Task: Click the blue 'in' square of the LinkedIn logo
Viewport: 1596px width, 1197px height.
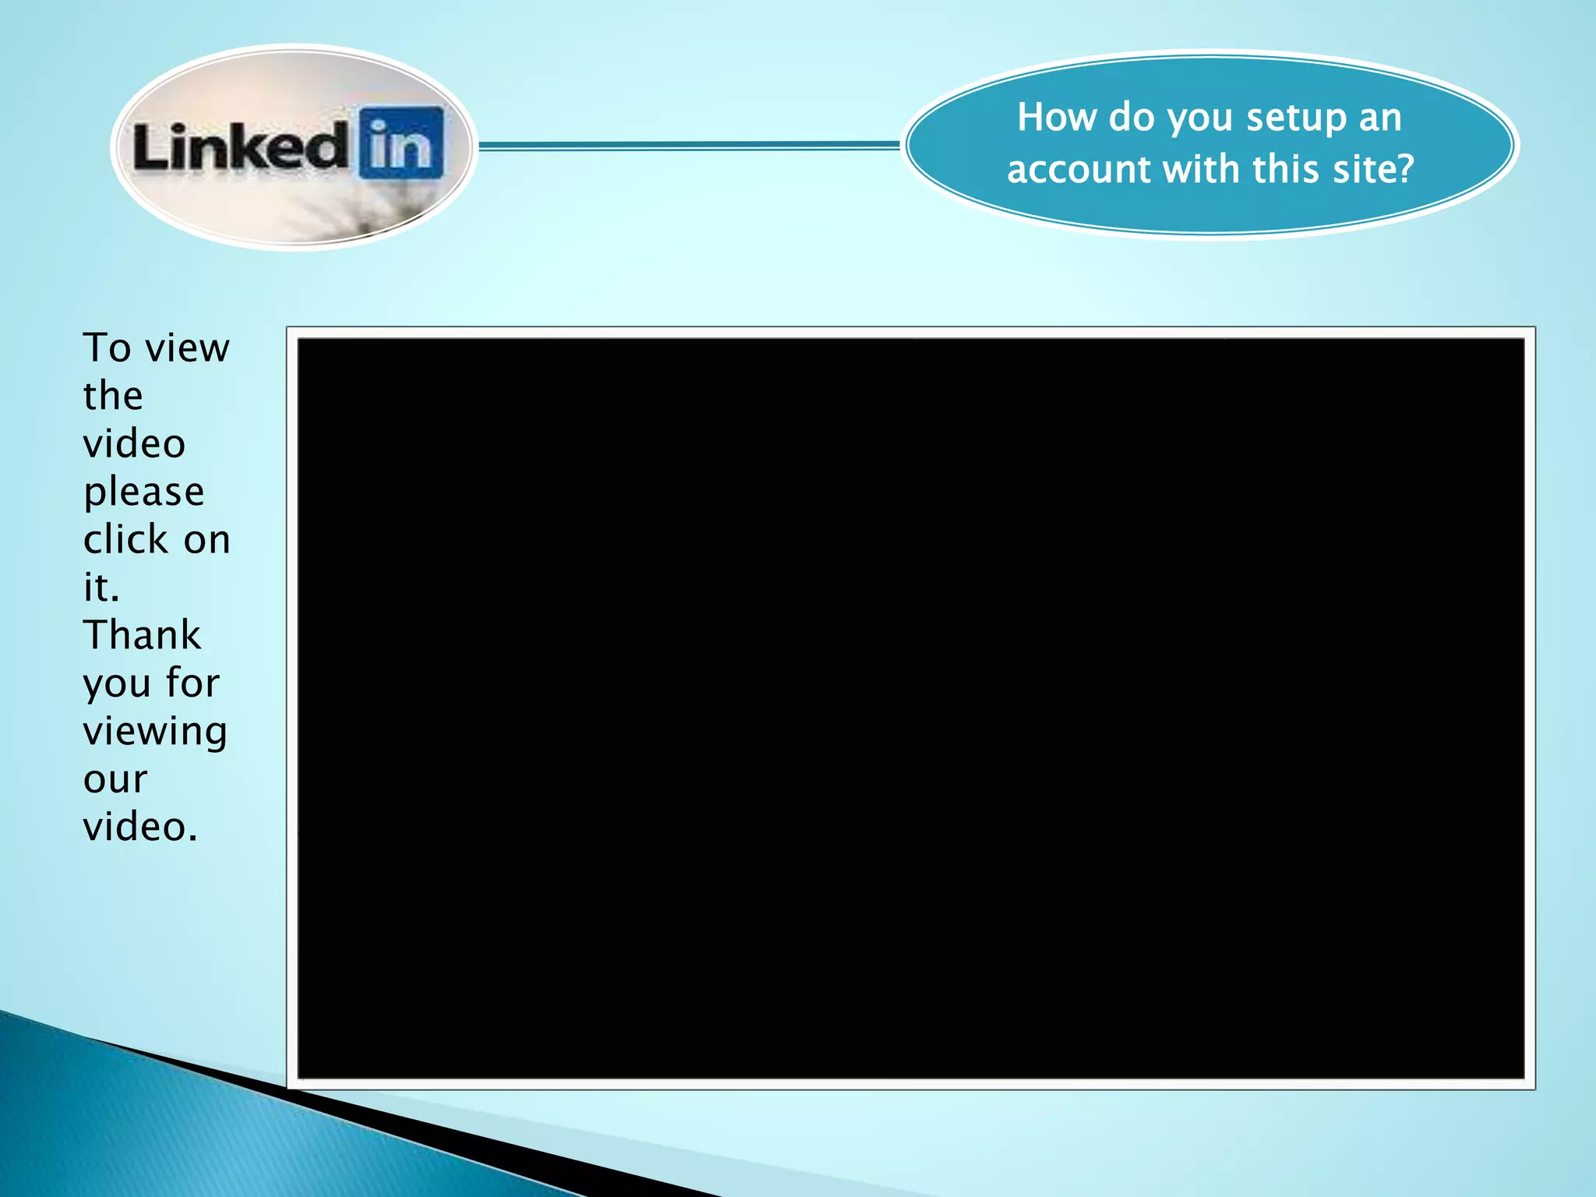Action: [x=402, y=143]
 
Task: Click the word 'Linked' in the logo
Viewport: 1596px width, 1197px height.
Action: [x=240, y=147]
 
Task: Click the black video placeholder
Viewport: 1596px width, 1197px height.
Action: [x=910, y=708]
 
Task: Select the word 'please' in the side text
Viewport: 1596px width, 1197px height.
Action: [x=144, y=493]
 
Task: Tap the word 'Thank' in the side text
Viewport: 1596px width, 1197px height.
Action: [x=142, y=635]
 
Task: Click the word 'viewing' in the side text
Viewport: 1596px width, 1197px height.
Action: [x=155, y=732]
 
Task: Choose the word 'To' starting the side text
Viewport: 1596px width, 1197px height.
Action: [x=108, y=348]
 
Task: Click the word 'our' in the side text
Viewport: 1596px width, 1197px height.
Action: [x=115, y=779]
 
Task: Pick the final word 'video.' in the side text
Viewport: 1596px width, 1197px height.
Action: [x=140, y=827]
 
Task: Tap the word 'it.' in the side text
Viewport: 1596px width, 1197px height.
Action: [x=101, y=588]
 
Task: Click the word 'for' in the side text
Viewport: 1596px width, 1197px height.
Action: [x=192, y=683]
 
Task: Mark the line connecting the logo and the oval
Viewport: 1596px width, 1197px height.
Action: [x=690, y=145]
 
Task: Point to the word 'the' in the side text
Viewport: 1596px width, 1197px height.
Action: [x=113, y=396]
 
